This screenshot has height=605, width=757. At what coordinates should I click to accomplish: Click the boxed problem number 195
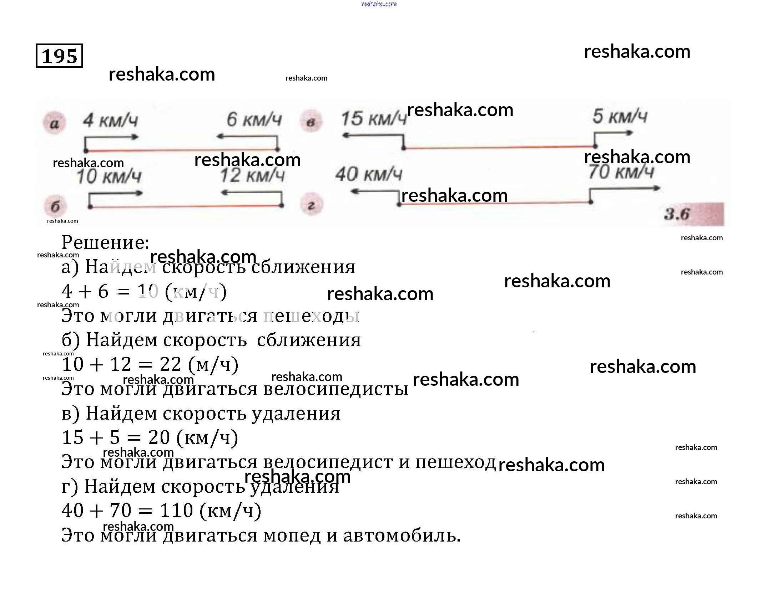pyautogui.click(x=59, y=56)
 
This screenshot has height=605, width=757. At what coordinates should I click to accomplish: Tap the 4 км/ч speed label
pyautogui.click(x=110, y=121)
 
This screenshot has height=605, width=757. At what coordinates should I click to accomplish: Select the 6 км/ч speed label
pyautogui.click(x=254, y=119)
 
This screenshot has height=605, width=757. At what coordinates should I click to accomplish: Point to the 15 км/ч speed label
pyautogui.click(x=374, y=118)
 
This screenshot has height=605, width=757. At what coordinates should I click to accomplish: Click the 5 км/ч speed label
pyautogui.click(x=620, y=116)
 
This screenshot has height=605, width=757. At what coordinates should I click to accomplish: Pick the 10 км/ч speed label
pyautogui.click(x=109, y=176)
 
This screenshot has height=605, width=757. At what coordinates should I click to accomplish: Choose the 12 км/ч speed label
pyautogui.click(x=252, y=175)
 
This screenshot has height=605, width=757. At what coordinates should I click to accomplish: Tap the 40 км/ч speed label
pyautogui.click(x=369, y=174)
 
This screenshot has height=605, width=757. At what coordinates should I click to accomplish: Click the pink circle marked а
pyautogui.click(x=54, y=123)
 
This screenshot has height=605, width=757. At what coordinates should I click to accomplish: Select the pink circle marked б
pyautogui.click(x=55, y=206)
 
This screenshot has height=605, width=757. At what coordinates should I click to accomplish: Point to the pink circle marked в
pyautogui.click(x=311, y=122)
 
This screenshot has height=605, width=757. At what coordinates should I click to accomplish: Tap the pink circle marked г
pyautogui.click(x=311, y=205)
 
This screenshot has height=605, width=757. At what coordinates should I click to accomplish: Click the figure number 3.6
pyautogui.click(x=677, y=214)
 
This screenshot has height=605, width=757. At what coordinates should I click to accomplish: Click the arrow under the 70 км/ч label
pyautogui.click(x=625, y=189)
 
